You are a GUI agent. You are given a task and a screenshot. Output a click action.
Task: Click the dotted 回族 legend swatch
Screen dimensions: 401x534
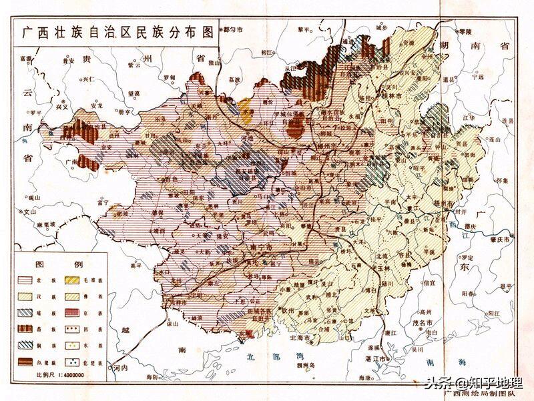[x=73, y=329]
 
